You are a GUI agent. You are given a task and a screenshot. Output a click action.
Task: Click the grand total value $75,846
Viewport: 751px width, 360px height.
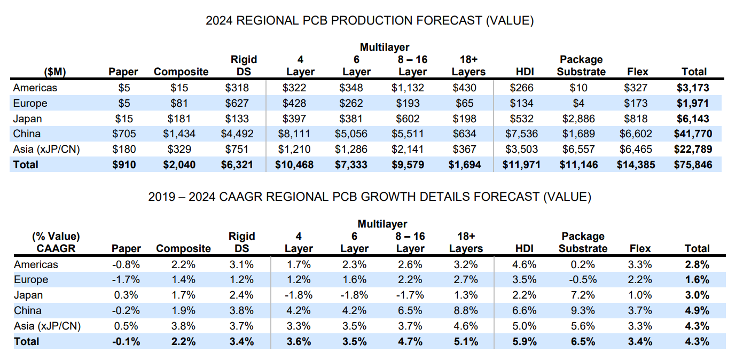(694, 165)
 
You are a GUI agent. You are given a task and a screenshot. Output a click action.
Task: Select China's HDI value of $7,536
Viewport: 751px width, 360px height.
(521, 134)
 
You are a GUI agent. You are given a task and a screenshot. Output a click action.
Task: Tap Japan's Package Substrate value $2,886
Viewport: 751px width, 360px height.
(581, 119)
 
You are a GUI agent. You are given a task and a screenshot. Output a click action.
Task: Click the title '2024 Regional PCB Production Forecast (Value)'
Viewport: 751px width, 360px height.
(370, 21)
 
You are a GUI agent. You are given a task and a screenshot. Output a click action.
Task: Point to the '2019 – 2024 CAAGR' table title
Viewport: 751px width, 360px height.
(370, 197)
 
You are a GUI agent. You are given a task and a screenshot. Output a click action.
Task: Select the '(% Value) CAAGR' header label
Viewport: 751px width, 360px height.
(56, 242)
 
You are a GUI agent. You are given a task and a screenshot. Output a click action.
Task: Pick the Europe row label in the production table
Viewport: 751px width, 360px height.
(30, 103)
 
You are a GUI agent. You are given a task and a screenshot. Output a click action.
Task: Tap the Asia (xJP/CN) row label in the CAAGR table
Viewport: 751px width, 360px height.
(47, 326)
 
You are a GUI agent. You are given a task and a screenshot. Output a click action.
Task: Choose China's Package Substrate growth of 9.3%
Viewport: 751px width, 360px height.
(583, 310)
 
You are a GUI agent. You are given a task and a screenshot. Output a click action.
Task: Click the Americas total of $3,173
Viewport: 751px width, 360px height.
(694, 88)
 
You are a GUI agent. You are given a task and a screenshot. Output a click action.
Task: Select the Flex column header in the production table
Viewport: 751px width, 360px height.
(638, 72)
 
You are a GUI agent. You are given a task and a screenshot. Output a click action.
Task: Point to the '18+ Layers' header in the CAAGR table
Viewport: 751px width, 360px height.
(466, 242)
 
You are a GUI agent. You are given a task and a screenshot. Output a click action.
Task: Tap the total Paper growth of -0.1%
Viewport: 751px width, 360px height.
(127, 341)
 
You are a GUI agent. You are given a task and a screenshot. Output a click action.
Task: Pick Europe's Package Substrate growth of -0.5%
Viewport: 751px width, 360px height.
(583, 279)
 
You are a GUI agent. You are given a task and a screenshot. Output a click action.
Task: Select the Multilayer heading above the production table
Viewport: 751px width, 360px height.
(384, 48)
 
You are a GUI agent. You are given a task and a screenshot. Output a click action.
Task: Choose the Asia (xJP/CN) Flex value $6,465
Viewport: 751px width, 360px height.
(635, 149)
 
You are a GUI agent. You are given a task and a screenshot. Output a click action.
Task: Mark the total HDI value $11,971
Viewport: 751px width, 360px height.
(521, 165)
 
